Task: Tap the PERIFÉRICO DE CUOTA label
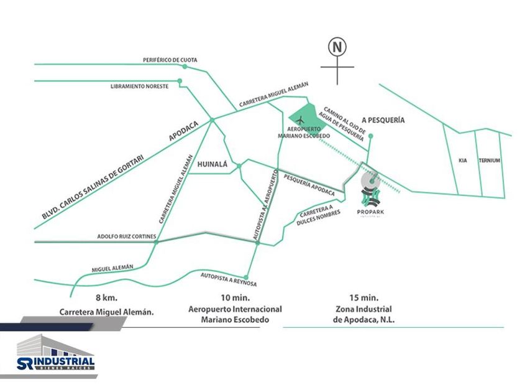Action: [x=170, y=60]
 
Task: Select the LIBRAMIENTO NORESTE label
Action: [x=139, y=86]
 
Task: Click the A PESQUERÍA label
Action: [x=383, y=119]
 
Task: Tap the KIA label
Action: [x=462, y=161]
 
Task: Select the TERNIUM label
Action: [x=490, y=161]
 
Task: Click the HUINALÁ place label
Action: [x=213, y=165]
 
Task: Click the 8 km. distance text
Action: [x=106, y=297]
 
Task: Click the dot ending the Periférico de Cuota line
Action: [x=185, y=66]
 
